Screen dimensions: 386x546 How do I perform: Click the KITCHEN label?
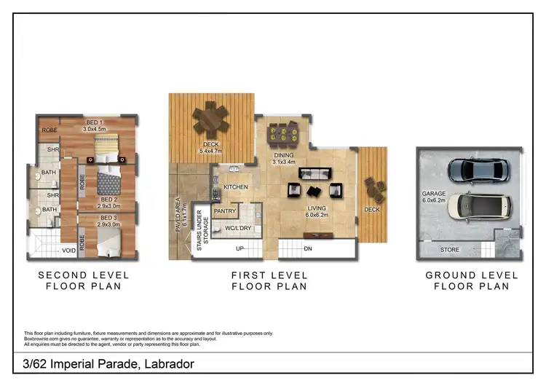236,187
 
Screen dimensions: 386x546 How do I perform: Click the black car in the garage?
474,169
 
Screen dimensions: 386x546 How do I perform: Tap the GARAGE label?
432,194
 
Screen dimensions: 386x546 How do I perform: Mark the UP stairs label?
240,248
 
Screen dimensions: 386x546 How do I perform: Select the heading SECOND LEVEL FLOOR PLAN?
83,280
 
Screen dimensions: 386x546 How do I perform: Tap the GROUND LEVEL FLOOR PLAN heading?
472,280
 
